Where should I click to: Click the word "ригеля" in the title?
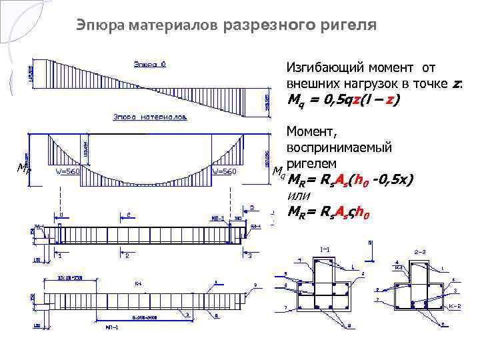(x=351, y=25)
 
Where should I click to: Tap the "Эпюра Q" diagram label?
(x=150, y=65)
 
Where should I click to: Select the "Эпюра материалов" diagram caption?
(x=150, y=116)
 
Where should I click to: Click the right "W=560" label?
(x=225, y=171)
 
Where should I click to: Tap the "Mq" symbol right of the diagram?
(x=279, y=173)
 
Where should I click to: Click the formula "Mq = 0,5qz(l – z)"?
(x=343, y=101)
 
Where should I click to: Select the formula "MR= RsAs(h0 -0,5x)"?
(x=350, y=180)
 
